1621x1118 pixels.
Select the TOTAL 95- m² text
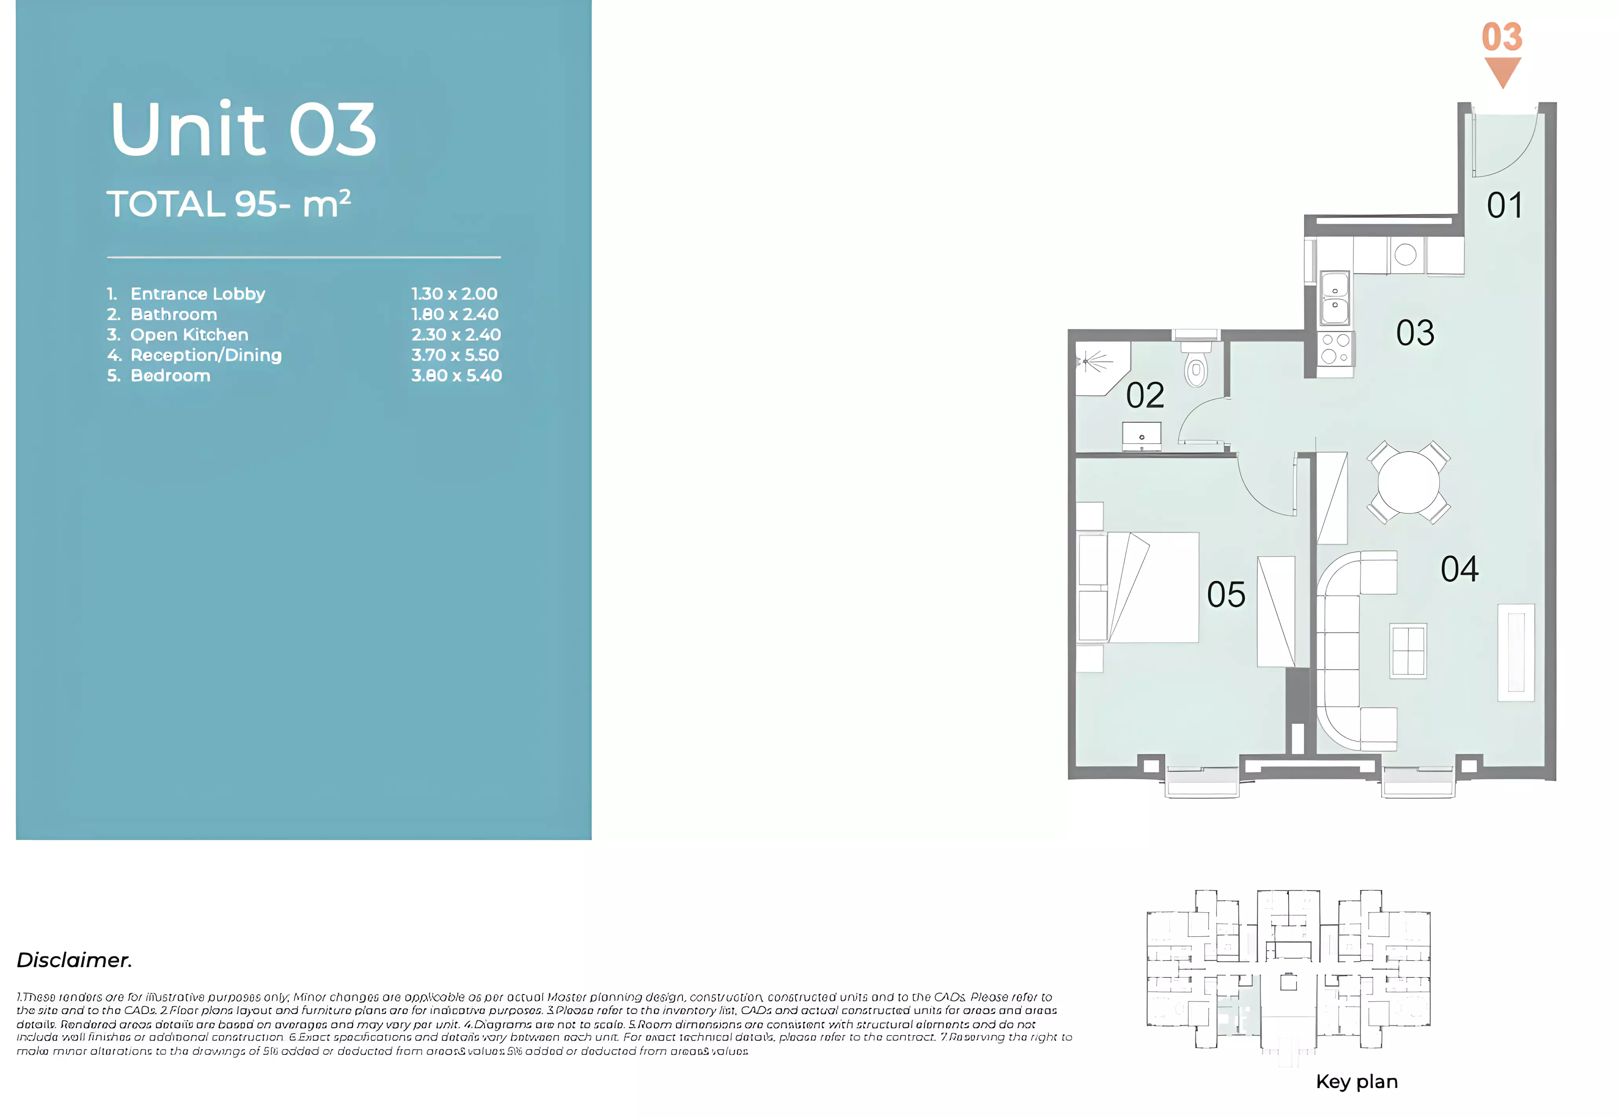(229, 205)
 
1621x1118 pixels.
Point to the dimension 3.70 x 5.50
(455, 355)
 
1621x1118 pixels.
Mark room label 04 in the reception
(1459, 569)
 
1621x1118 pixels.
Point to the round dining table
(1408, 482)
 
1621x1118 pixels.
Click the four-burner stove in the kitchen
(1334, 349)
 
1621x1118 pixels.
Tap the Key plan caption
(1356, 1081)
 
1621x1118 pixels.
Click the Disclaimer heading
(74, 960)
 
